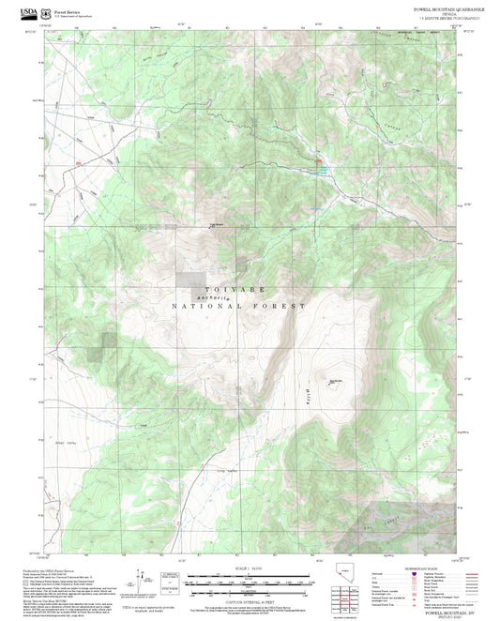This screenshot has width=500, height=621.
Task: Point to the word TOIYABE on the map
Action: point(229,290)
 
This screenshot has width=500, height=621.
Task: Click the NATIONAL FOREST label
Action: point(238,307)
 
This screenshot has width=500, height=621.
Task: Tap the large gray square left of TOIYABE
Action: point(190,280)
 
